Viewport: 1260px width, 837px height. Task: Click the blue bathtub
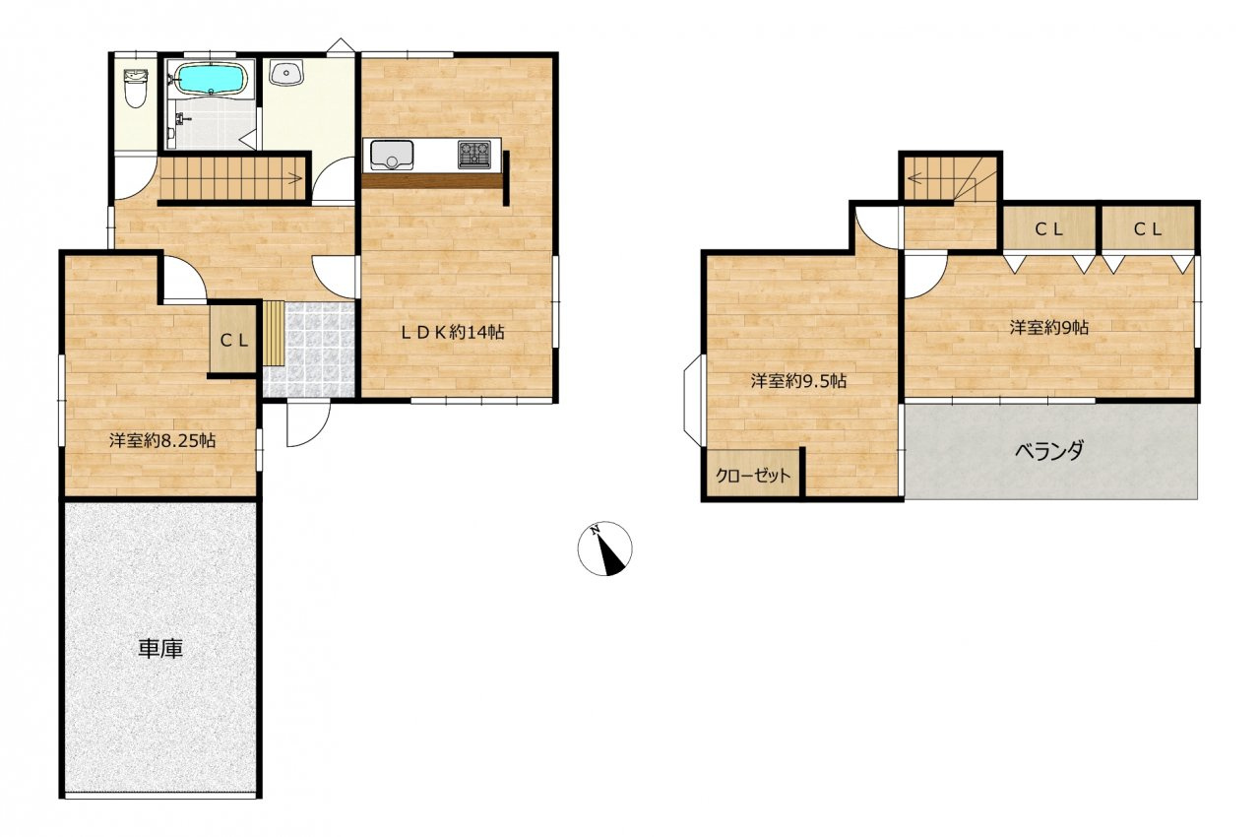click(210, 78)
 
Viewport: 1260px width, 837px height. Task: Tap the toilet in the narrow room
click(135, 89)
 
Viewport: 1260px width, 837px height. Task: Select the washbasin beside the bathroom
click(286, 73)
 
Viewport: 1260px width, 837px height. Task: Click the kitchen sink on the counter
click(392, 155)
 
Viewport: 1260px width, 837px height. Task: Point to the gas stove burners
click(474, 154)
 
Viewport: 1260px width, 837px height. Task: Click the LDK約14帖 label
click(452, 332)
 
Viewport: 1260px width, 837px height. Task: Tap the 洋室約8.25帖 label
click(162, 440)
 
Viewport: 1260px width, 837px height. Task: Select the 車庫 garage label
click(160, 649)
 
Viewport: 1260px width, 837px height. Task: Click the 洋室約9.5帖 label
click(798, 381)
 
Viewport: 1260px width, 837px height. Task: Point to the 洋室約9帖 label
click(1048, 327)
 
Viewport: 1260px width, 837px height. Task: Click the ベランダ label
click(1049, 450)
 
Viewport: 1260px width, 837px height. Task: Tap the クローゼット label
click(753, 476)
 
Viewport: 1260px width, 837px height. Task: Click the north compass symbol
click(605, 548)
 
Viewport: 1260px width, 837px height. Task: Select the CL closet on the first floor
click(233, 339)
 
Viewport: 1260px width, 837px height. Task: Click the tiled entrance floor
click(309, 350)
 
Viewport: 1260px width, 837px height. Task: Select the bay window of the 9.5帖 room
click(693, 401)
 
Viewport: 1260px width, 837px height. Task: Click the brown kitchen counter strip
click(433, 181)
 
